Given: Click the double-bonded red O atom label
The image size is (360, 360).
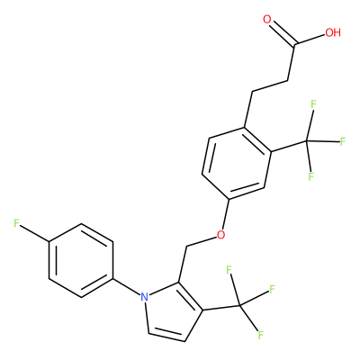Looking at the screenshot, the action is (267, 20).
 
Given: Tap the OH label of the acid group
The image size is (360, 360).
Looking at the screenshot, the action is (333, 32).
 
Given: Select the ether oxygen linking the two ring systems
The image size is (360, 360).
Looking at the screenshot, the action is (220, 234).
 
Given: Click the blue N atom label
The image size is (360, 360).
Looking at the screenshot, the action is (144, 297).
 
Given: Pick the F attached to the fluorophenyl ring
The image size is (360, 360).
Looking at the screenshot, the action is (16, 223).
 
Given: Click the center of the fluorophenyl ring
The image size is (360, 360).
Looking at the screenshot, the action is (81, 260).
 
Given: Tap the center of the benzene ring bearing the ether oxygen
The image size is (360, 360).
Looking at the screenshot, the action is (237, 163).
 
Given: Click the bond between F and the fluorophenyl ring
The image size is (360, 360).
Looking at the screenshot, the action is (35, 232).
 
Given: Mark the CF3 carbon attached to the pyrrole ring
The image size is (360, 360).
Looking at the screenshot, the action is (240, 306).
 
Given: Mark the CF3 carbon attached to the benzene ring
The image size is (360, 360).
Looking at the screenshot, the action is (307, 140).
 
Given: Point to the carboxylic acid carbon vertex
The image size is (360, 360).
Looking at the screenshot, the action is (294, 45).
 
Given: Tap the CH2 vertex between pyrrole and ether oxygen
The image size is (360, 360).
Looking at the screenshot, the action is (186, 247).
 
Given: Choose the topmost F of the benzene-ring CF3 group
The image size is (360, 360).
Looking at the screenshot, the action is (314, 105).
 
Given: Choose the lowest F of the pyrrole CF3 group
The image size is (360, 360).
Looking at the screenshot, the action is (260, 335).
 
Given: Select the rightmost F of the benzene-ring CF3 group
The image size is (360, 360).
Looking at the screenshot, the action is (343, 141).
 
